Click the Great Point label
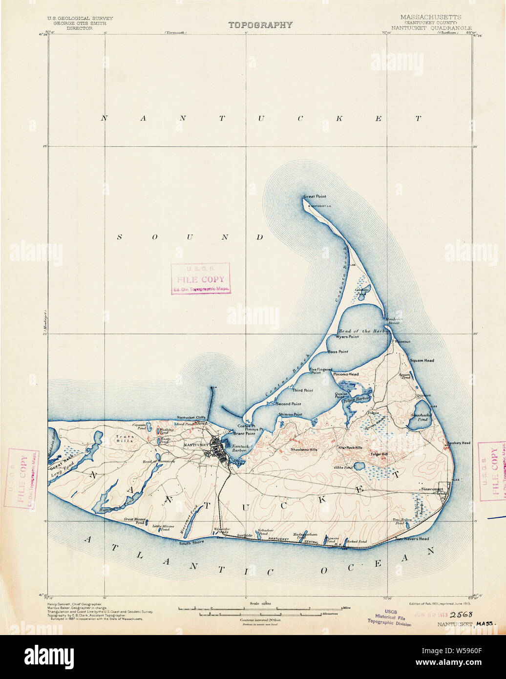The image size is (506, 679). coord(315,196)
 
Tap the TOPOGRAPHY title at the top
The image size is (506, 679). coord(260,25)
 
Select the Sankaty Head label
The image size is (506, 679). coord(459,443)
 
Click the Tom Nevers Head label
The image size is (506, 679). coord(412,539)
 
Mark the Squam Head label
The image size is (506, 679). coord(422,361)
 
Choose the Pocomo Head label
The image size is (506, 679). coord(346,374)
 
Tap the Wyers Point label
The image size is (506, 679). coord(347,337)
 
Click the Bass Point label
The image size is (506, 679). coord(337,352)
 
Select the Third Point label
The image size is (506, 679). coord(303,390)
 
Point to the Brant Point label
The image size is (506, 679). coord(244,433)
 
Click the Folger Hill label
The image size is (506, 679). coord(379,454)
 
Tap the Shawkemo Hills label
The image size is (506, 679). coord(304,449)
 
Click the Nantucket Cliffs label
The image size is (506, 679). coord(191,418)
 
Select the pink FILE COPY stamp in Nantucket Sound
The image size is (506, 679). coord(200,279)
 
